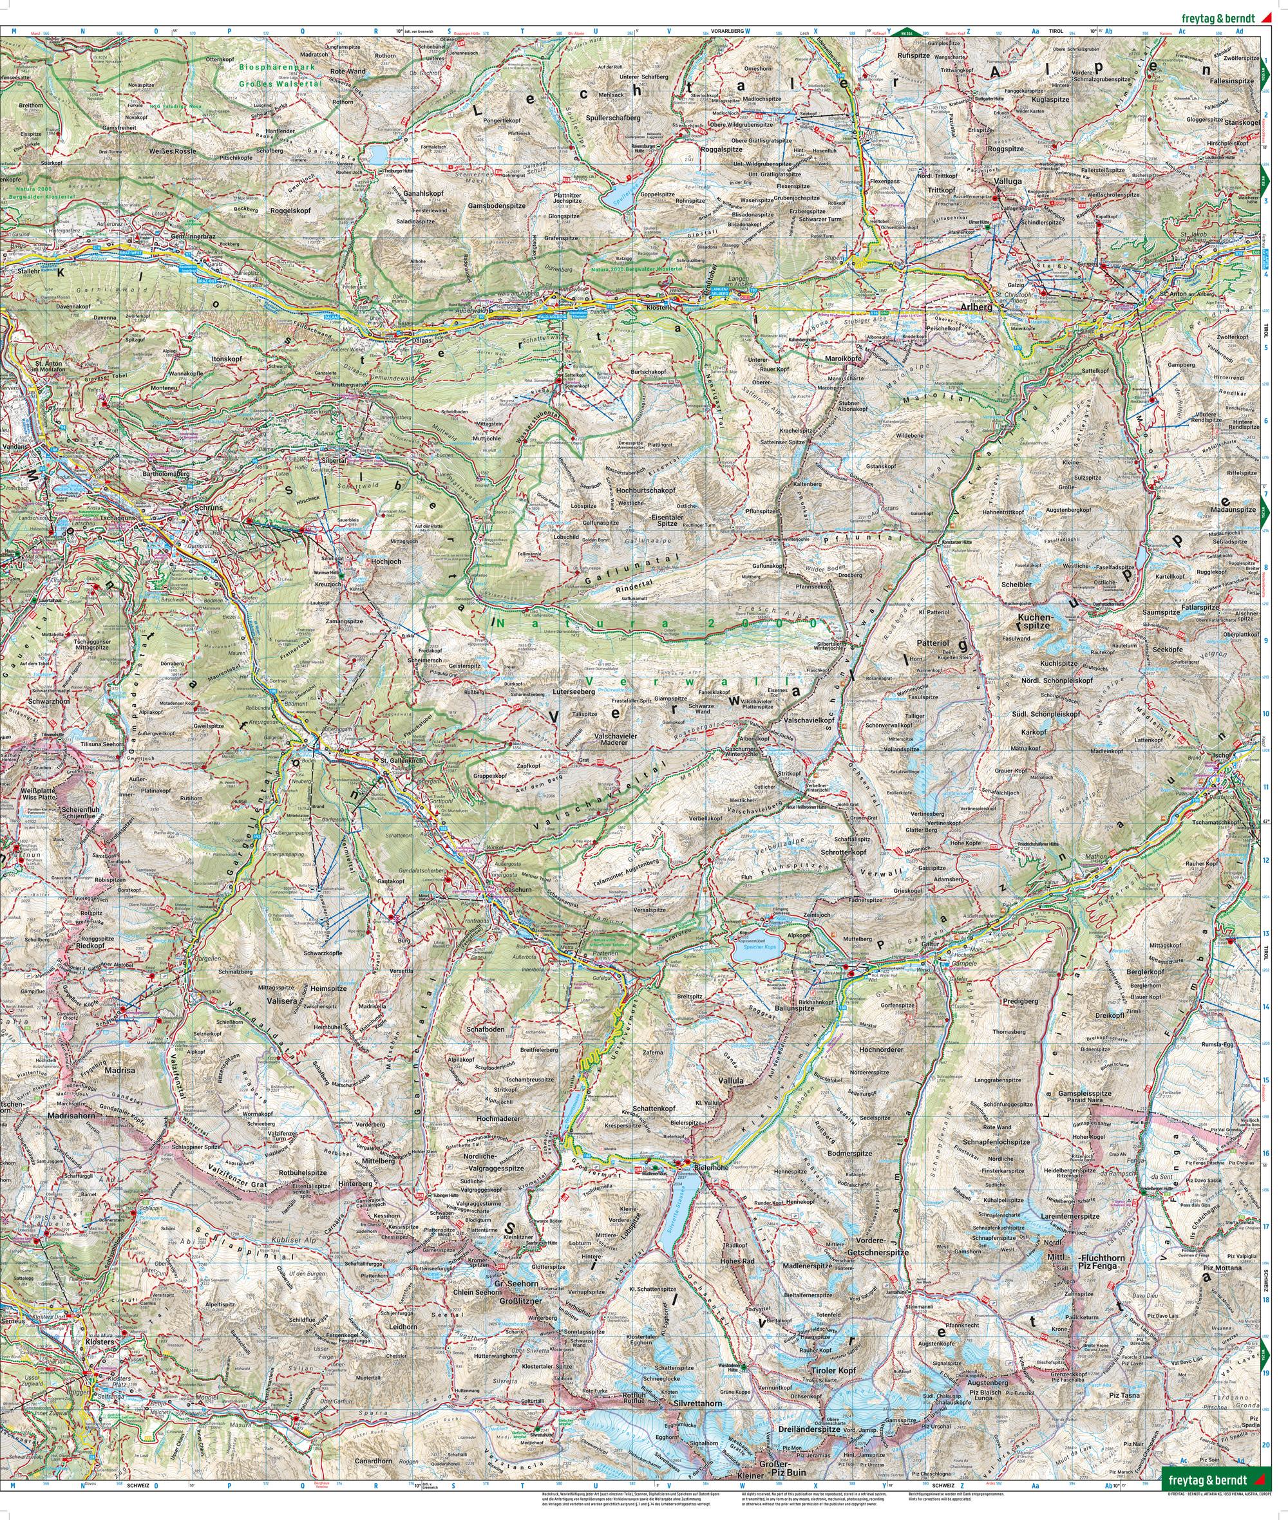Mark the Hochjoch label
tap(386, 563)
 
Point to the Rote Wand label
tap(348, 71)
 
